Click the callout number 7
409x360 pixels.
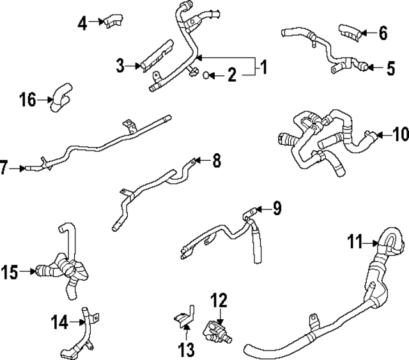(5, 169)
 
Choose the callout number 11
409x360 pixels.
(355, 241)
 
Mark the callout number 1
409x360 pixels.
(263, 66)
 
